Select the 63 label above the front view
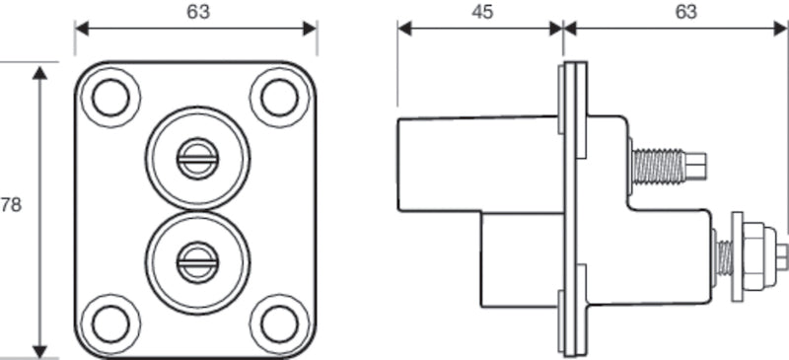point(197,12)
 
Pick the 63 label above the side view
point(684,12)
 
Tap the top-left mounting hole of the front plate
point(110,97)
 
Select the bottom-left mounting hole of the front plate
point(110,323)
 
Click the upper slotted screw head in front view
point(195,157)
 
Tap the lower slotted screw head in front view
point(195,261)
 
